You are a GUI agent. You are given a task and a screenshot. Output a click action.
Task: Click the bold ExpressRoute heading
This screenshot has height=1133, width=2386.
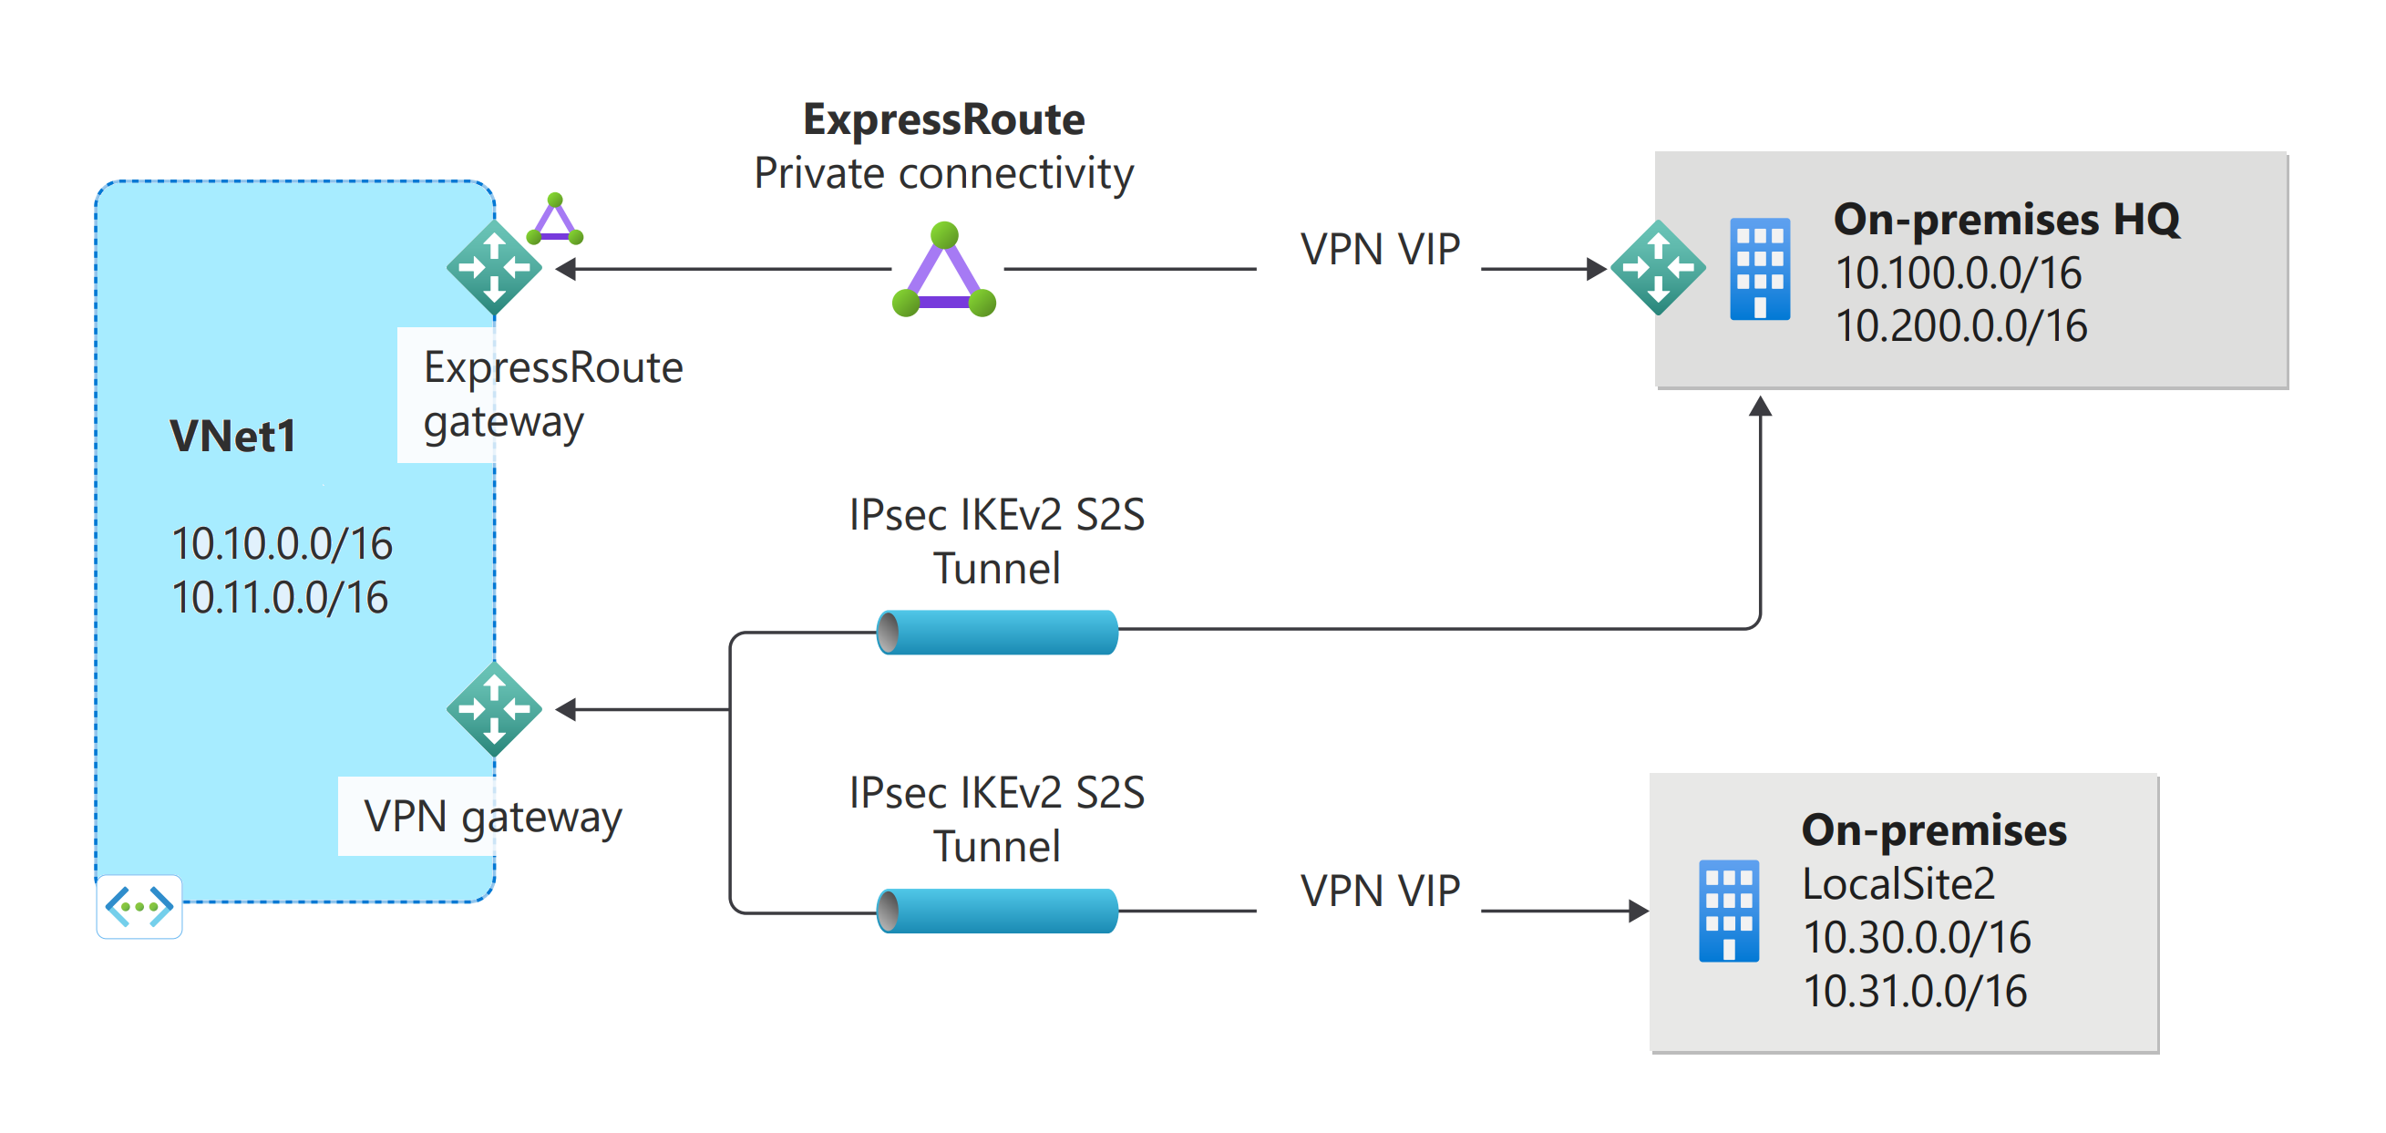(943, 119)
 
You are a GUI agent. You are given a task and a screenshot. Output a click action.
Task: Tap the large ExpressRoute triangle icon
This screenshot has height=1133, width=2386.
(944, 273)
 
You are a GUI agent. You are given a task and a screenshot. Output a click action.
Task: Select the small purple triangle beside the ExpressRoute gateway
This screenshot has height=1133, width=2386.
(555, 221)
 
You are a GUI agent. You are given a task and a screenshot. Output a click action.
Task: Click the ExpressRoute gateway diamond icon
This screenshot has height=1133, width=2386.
(494, 268)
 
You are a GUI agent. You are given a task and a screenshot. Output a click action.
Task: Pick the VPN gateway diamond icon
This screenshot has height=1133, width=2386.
(494, 709)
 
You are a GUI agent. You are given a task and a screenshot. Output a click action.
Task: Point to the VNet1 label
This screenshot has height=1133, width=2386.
(232, 436)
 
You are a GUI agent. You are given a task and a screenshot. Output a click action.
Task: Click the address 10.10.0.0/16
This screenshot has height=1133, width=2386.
(282, 544)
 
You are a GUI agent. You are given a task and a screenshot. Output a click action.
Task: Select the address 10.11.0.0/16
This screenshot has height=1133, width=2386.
(280, 598)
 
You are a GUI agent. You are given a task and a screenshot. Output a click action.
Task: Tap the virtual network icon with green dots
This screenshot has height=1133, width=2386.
(139, 906)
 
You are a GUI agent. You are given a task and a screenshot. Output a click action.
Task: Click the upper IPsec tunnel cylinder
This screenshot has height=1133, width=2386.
(997, 632)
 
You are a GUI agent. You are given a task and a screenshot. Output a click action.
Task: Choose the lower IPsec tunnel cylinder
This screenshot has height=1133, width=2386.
(997, 911)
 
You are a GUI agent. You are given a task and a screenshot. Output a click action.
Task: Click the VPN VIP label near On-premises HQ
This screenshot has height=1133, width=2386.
(1379, 249)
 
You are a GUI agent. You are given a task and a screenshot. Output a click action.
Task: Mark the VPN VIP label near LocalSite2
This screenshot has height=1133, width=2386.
(1379, 891)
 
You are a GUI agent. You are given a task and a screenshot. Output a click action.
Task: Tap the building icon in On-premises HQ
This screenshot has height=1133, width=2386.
(1760, 270)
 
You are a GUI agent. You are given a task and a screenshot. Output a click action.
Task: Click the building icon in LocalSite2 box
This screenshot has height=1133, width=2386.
(1728, 911)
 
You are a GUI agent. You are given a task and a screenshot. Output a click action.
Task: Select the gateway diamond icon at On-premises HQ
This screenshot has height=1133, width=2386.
(1657, 268)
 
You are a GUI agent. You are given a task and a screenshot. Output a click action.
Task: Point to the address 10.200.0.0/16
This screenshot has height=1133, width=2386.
(1961, 326)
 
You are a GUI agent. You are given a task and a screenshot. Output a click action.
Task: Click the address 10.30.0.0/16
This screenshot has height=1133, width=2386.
(1916, 938)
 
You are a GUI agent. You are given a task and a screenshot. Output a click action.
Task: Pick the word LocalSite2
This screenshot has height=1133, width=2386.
(1897, 884)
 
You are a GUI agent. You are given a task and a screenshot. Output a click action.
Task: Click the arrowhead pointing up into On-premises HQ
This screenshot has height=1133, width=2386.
(1760, 407)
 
